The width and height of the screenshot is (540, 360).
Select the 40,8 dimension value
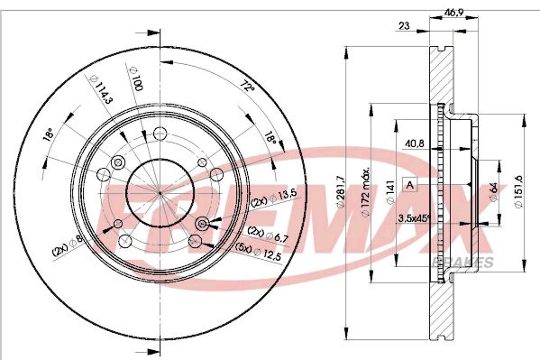tap(416, 142)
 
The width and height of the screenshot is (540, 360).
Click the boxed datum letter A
tap(410, 185)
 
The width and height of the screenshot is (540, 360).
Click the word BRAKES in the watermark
tap(471, 262)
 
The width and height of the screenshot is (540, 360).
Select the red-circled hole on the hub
tap(202, 223)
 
